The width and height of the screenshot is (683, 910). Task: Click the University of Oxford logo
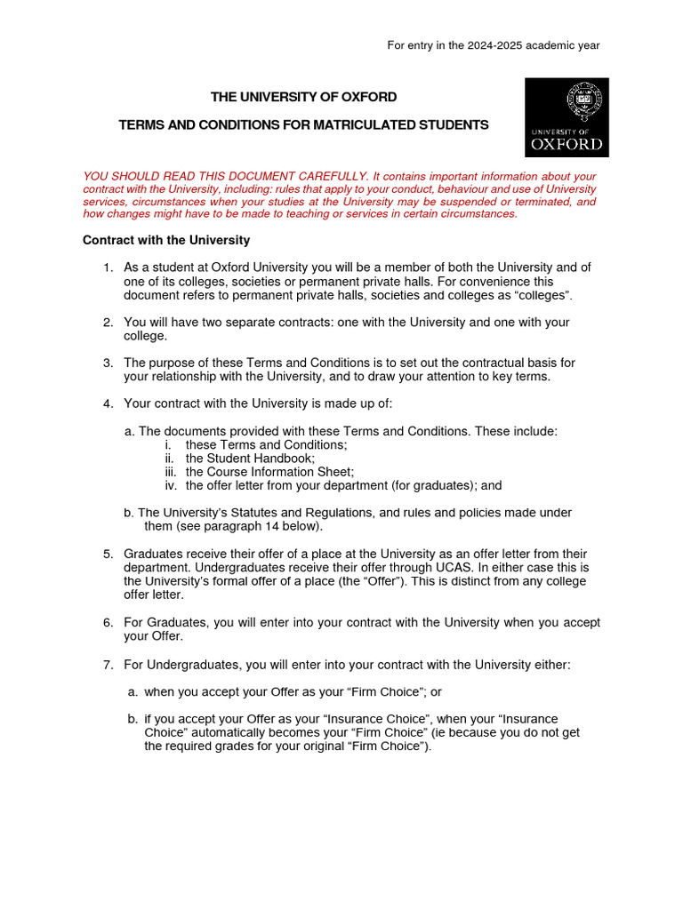[x=566, y=117]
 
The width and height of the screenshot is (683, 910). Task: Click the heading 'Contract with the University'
[x=166, y=240]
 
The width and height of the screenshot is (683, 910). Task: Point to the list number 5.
[x=108, y=554]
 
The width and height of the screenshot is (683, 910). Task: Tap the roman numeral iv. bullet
[x=171, y=485]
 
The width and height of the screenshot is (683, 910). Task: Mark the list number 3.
[x=108, y=363]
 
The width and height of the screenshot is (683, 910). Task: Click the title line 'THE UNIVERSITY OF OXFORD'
[x=303, y=97]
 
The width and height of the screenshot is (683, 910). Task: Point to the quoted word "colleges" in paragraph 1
[x=539, y=294]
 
